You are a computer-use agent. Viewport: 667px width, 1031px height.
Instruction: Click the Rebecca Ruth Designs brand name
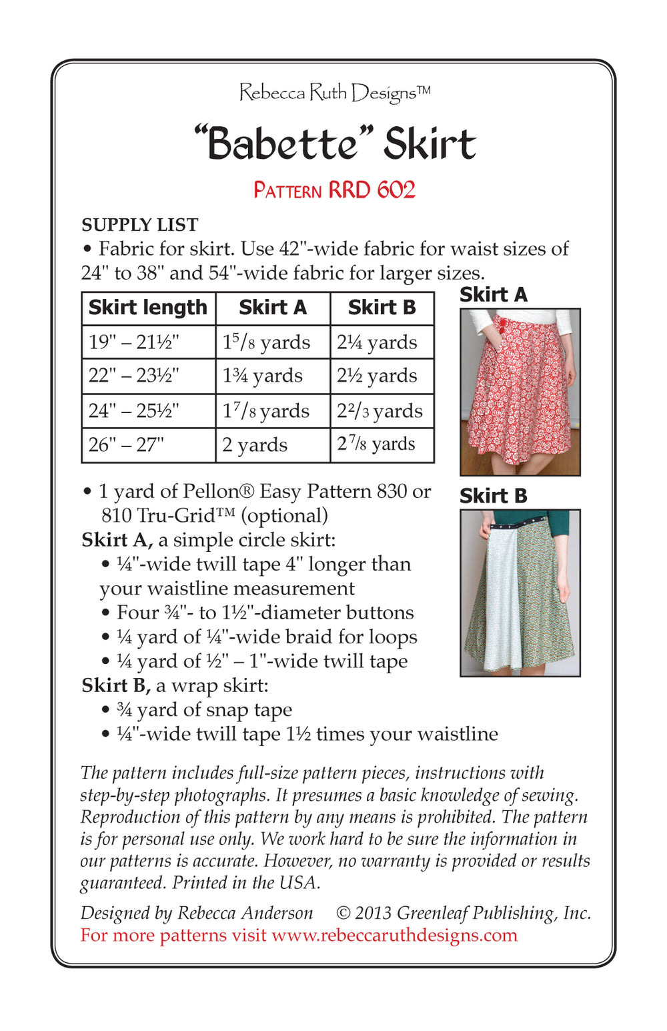click(x=334, y=92)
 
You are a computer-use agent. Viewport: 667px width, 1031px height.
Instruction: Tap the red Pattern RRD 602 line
click(x=334, y=190)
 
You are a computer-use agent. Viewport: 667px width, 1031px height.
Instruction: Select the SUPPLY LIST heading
click(x=139, y=224)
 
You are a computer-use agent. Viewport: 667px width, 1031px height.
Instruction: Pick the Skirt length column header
click(x=148, y=308)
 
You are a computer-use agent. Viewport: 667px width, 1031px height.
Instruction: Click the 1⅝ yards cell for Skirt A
click(x=266, y=342)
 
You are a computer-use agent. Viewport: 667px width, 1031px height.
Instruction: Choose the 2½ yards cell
click(x=377, y=376)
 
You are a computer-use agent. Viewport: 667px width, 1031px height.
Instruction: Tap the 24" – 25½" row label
click(x=134, y=410)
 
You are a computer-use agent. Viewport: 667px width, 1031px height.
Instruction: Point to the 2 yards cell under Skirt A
click(x=255, y=444)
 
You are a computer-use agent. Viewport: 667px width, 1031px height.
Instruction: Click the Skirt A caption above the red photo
click(x=493, y=294)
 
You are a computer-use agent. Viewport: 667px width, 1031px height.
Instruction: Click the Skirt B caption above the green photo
click(x=493, y=496)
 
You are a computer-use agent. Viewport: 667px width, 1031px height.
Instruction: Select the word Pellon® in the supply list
click(x=218, y=491)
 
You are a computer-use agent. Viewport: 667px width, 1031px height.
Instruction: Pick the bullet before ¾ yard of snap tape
click(x=105, y=710)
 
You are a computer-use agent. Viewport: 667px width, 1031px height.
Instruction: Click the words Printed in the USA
click(x=246, y=882)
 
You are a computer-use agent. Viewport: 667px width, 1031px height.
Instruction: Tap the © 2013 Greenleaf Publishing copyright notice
click(x=464, y=913)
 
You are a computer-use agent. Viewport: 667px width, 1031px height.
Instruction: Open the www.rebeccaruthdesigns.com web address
click(x=394, y=935)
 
